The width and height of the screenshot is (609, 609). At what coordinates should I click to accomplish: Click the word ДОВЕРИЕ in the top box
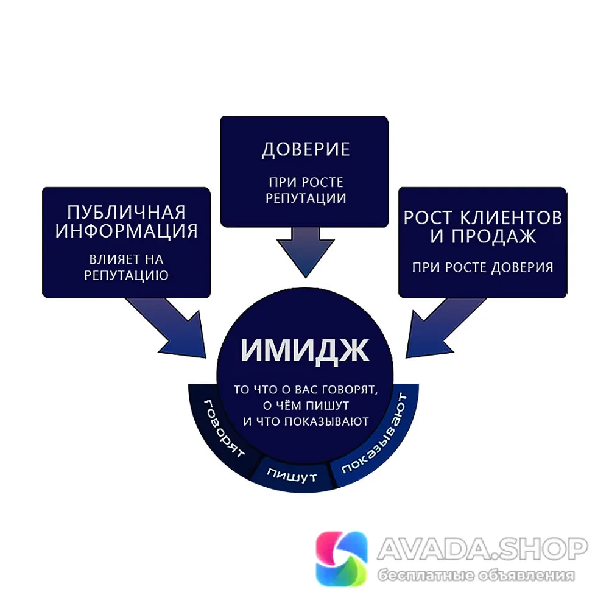click(306, 150)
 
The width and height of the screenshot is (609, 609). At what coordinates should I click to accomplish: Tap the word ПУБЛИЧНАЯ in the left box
click(126, 213)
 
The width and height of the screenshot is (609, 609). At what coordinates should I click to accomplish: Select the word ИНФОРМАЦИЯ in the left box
click(126, 231)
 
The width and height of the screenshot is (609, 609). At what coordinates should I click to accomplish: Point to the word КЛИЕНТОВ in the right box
click(511, 217)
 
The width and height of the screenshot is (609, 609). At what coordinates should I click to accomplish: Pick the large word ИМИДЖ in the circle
click(305, 351)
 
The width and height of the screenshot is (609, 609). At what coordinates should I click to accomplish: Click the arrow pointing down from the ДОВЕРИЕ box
click(305, 253)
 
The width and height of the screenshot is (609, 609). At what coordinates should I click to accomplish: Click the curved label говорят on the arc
click(224, 428)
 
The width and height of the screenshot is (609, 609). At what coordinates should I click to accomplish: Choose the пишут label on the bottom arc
click(292, 475)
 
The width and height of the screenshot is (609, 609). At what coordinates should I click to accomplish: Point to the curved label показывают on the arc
click(375, 433)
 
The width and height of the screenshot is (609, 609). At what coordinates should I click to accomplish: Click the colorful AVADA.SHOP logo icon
click(342, 558)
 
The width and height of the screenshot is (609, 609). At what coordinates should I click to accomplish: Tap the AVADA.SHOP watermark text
click(482, 549)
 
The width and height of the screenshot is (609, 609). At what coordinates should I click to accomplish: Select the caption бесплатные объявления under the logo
click(476, 576)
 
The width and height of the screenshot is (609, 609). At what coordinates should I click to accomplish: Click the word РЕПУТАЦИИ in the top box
click(306, 199)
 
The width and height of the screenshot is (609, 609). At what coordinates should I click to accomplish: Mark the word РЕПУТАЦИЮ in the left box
click(126, 275)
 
